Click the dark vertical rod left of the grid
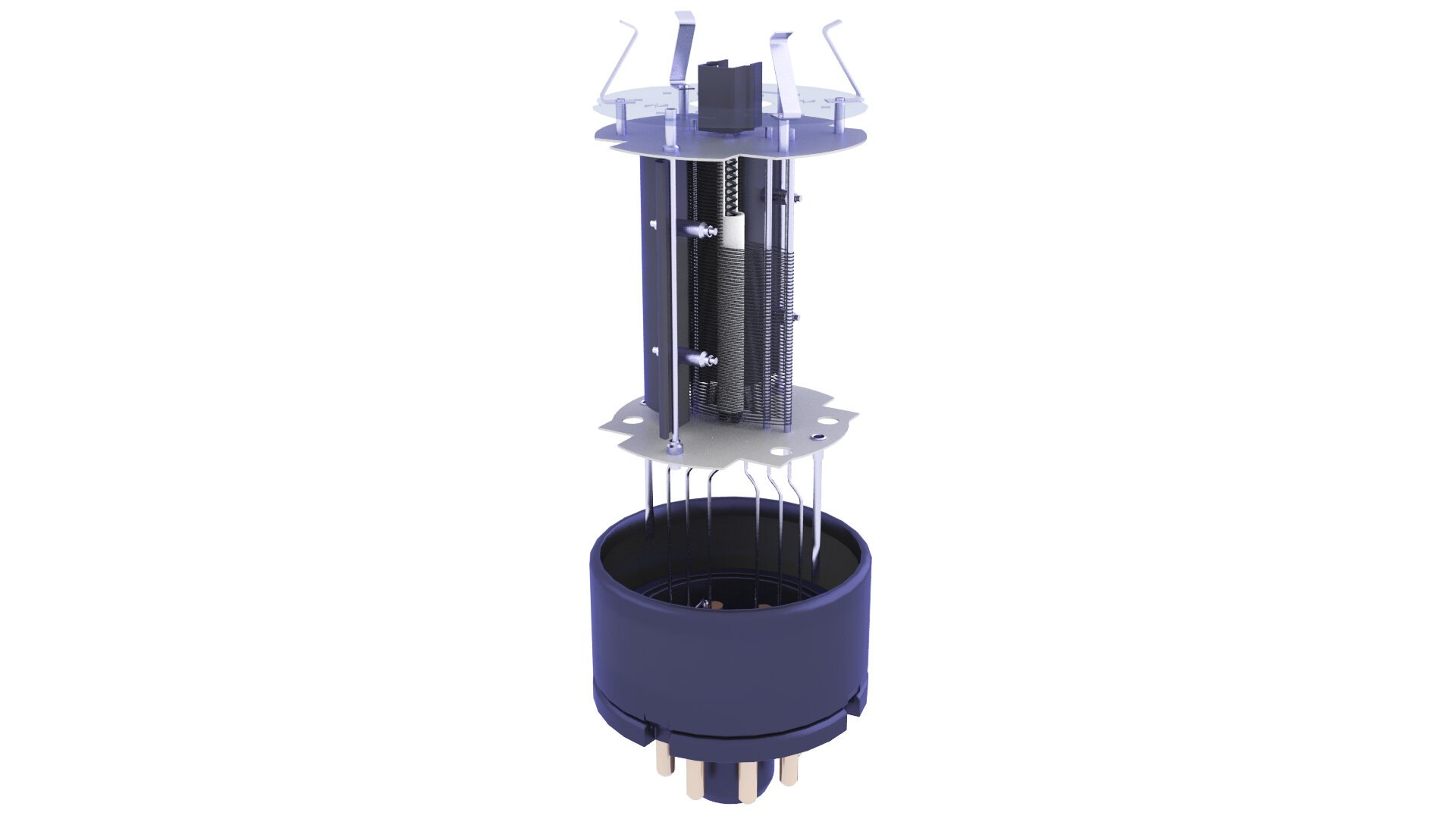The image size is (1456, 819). click(667, 303)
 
